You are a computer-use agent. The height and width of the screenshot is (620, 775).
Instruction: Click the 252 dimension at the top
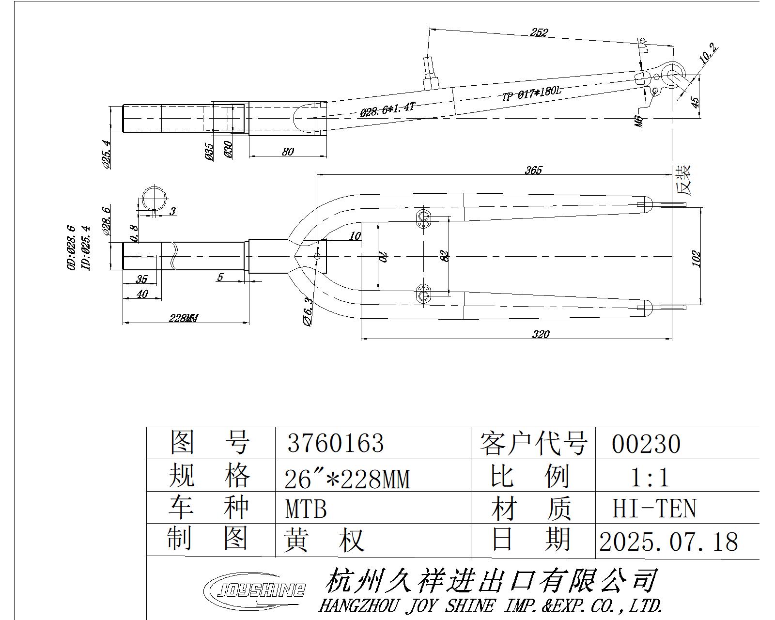point(539,32)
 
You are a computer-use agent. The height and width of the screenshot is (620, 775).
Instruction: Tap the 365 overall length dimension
point(533,170)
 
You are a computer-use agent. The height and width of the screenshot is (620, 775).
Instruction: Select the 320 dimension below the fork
point(541,334)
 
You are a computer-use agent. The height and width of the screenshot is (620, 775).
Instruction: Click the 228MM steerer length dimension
point(184,318)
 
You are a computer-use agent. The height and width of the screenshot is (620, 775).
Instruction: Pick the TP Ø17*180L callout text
point(531,93)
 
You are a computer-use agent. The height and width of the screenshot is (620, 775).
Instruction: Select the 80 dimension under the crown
point(288,152)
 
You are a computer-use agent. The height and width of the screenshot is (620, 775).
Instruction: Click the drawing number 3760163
point(335,443)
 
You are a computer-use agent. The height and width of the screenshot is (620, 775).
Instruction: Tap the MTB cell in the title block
point(306,509)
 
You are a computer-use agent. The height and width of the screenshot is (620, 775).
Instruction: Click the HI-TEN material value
point(654,509)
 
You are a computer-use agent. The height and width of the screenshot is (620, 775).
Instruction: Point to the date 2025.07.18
point(668,542)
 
